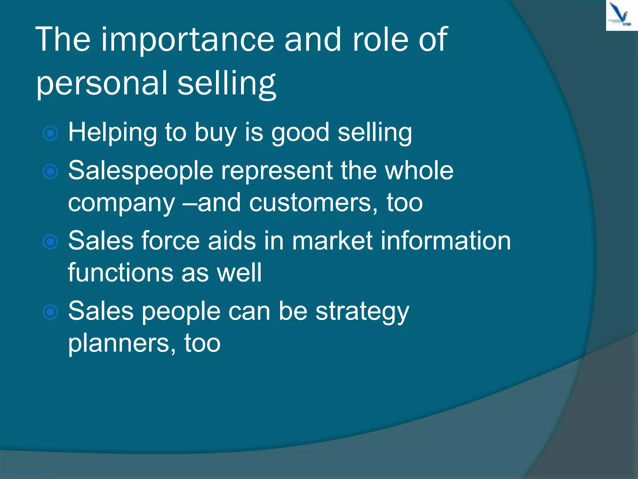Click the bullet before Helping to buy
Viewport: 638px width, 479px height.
click(x=50, y=133)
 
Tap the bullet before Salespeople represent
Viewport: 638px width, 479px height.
click(x=50, y=172)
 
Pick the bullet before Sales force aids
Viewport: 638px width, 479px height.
click(x=50, y=242)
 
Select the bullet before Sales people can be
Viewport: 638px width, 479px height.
click(x=50, y=312)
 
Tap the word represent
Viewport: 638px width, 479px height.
click(x=277, y=171)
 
